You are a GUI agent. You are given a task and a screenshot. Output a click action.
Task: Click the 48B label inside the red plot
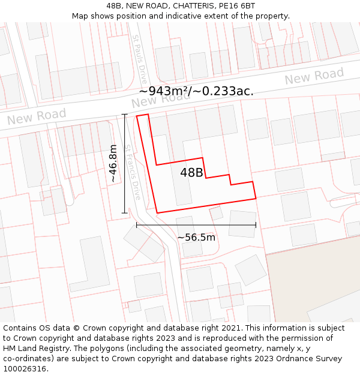click(191, 173)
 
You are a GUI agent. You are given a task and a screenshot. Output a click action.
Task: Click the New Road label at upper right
click(314, 77)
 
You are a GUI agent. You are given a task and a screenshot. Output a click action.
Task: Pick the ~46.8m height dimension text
click(113, 163)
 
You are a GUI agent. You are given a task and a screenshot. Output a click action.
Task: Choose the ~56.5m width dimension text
click(196, 237)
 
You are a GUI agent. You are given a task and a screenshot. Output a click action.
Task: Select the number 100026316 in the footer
click(26, 368)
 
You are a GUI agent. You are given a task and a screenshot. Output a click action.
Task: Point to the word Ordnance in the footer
click(278, 358)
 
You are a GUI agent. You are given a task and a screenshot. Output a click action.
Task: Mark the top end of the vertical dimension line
click(125, 114)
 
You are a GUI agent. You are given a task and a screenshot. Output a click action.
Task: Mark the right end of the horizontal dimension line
click(256, 225)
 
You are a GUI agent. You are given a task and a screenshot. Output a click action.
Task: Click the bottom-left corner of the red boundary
click(157, 213)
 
